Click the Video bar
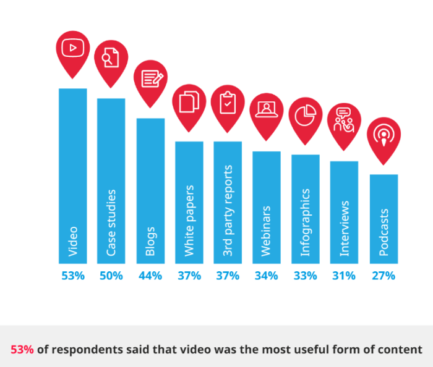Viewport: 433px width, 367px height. [x=73, y=176]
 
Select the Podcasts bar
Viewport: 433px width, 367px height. [x=384, y=219]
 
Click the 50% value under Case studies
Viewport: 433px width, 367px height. [x=111, y=276]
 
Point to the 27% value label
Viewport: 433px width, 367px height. [x=384, y=276]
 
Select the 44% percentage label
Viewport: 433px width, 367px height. [x=150, y=276]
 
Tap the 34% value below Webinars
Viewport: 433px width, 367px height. [x=267, y=276]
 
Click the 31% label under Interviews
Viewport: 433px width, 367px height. [x=344, y=276]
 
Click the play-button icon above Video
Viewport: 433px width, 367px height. [x=73, y=48]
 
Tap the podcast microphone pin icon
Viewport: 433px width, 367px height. [x=384, y=134]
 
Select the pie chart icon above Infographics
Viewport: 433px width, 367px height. [x=306, y=115]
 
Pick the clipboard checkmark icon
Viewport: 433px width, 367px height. [x=228, y=102]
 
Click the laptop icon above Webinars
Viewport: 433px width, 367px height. [x=267, y=109]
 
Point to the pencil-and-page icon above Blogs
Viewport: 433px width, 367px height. [x=150, y=78]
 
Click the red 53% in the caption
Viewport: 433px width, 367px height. [x=22, y=349]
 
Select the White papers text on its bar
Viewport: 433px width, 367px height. [x=189, y=220]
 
